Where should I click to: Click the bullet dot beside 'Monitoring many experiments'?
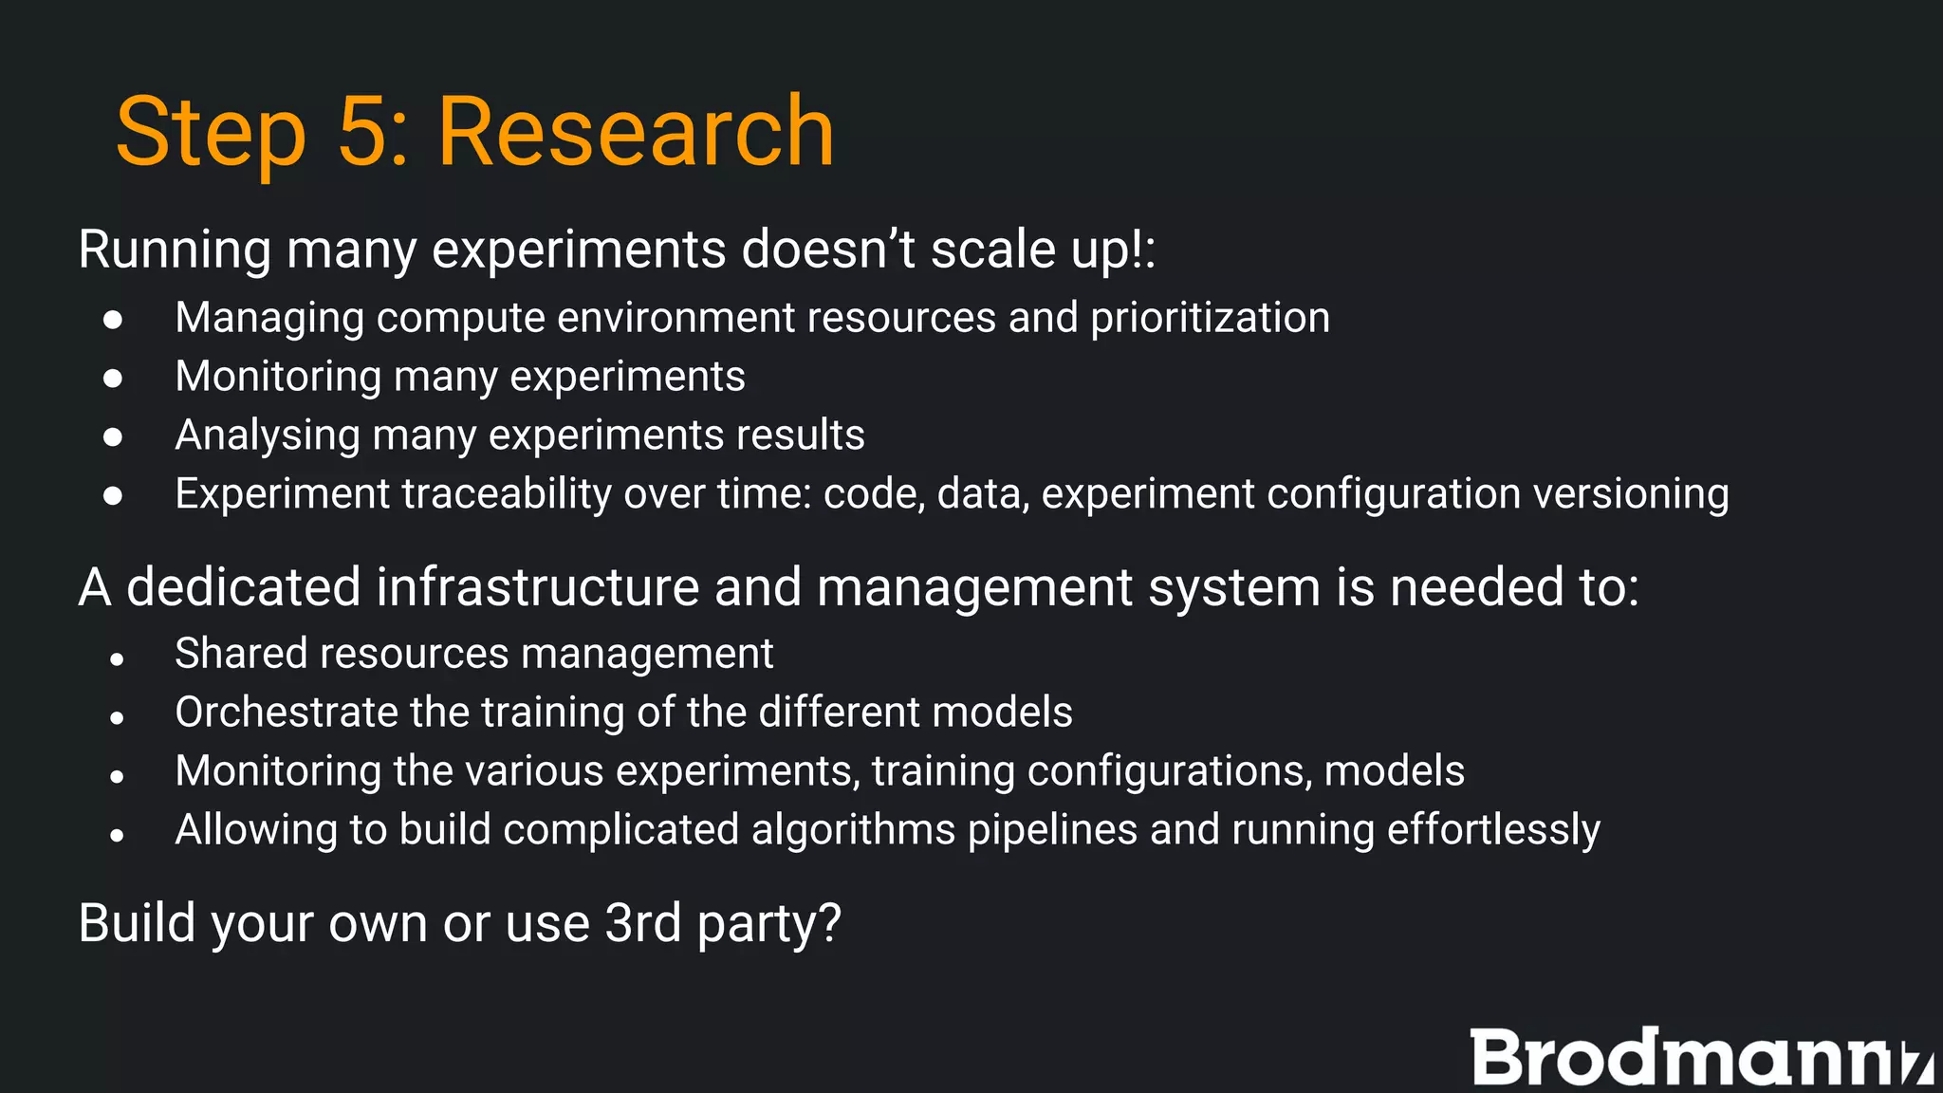(x=113, y=378)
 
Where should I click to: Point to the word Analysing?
(x=268, y=435)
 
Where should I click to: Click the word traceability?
(x=507, y=494)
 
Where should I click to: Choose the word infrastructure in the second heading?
(x=538, y=586)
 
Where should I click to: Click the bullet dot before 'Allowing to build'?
(x=117, y=835)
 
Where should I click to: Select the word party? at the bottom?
(x=769, y=924)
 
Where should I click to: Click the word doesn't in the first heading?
(x=828, y=250)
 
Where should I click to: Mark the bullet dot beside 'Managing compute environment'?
(x=113, y=319)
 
